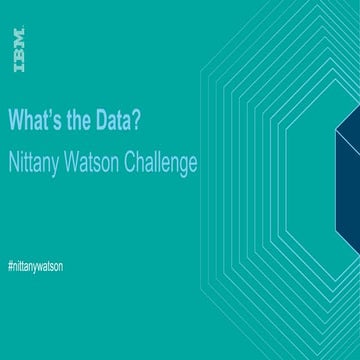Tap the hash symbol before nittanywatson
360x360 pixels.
click(x=10, y=268)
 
